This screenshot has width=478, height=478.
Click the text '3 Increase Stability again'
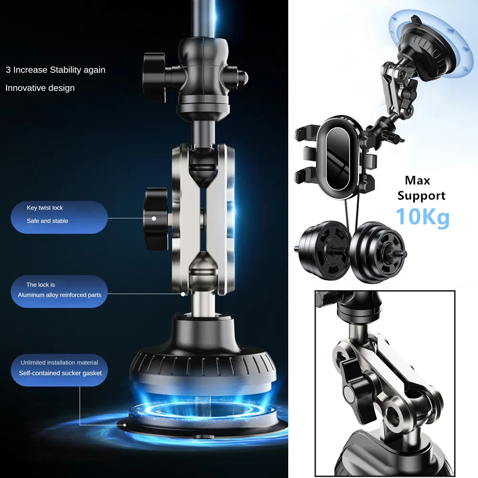tap(55, 70)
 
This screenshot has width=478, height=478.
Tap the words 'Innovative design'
tap(40, 88)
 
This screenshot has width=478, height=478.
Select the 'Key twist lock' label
tap(45, 208)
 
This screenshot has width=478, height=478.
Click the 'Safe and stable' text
tap(47, 221)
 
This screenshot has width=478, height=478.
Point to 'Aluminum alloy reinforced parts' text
tap(60, 295)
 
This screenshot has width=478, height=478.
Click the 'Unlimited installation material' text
tap(59, 362)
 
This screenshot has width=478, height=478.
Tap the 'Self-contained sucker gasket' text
tap(60, 373)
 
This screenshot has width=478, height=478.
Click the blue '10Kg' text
tap(422, 217)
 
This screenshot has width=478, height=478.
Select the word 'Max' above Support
tap(417, 181)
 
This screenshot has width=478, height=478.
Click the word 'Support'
tap(421, 196)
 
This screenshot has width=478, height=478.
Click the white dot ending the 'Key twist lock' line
tap(154, 218)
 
